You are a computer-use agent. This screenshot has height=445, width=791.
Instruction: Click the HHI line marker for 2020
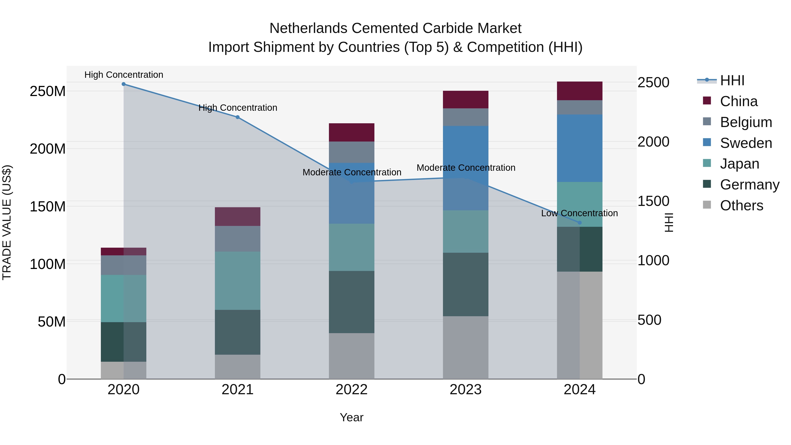[123, 84]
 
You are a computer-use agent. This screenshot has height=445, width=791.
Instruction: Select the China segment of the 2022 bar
[352, 132]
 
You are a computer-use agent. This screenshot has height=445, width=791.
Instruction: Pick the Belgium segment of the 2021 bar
[237, 239]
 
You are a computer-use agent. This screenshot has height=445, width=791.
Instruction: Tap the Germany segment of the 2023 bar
[466, 284]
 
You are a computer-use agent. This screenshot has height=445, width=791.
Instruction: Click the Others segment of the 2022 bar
[352, 356]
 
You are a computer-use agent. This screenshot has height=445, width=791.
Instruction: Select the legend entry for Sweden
[746, 143]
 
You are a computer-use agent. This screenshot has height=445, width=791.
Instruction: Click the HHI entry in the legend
[732, 80]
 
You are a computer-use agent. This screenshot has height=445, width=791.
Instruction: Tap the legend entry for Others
[741, 205]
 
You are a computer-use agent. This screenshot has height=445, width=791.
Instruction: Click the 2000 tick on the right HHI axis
[653, 142]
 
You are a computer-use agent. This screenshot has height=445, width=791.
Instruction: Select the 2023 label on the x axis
[466, 390]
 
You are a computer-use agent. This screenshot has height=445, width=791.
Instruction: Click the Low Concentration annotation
[579, 213]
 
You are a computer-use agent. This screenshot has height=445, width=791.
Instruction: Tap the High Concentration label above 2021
[238, 108]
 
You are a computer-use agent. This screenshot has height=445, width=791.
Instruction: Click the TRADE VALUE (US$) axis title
[7, 222]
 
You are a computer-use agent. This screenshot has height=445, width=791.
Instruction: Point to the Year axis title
[351, 417]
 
